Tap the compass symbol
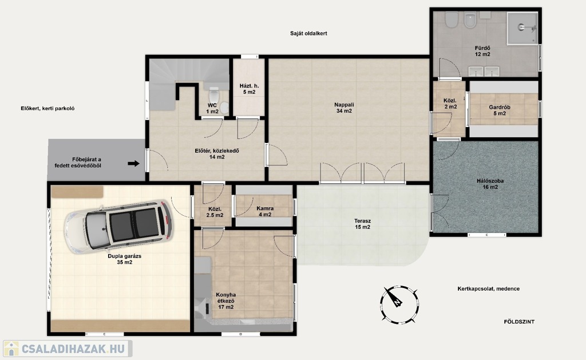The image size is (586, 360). pyautogui.click(x=399, y=304)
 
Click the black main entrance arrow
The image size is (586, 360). pyautogui.click(x=133, y=163)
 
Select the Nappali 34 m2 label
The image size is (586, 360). pyautogui.click(x=344, y=108)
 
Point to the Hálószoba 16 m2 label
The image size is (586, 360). pyautogui.click(x=490, y=184)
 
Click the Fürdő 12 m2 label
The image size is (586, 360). pyautogui.click(x=482, y=51)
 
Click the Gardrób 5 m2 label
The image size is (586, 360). pyautogui.click(x=499, y=110)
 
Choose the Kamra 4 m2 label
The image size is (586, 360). pyautogui.click(x=265, y=212)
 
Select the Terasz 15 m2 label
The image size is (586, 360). pyautogui.click(x=362, y=224)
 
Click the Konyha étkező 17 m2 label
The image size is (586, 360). pyautogui.click(x=225, y=301)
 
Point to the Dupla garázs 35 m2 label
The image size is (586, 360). pyautogui.click(x=124, y=259)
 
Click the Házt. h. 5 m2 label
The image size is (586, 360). pyautogui.click(x=249, y=89)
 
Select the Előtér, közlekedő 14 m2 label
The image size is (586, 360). pyautogui.click(x=217, y=154)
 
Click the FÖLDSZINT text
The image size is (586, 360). pyautogui.click(x=519, y=322)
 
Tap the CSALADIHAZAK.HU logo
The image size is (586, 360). pyautogui.click(x=68, y=349)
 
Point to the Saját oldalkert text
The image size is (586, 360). pyautogui.click(x=308, y=33)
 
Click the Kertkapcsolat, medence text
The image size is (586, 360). pyautogui.click(x=489, y=289)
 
